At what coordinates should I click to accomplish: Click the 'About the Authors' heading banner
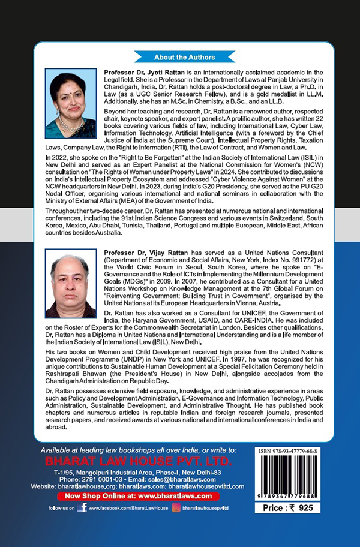coord(184,57)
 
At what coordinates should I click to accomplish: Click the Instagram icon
coord(176,507)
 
